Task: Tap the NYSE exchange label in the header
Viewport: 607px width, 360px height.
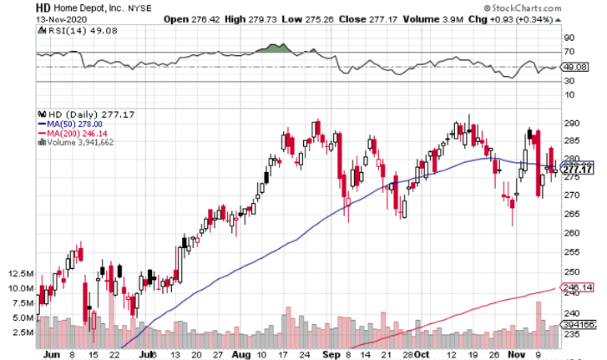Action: (x=139, y=7)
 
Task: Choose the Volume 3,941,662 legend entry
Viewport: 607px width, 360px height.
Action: (x=82, y=142)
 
